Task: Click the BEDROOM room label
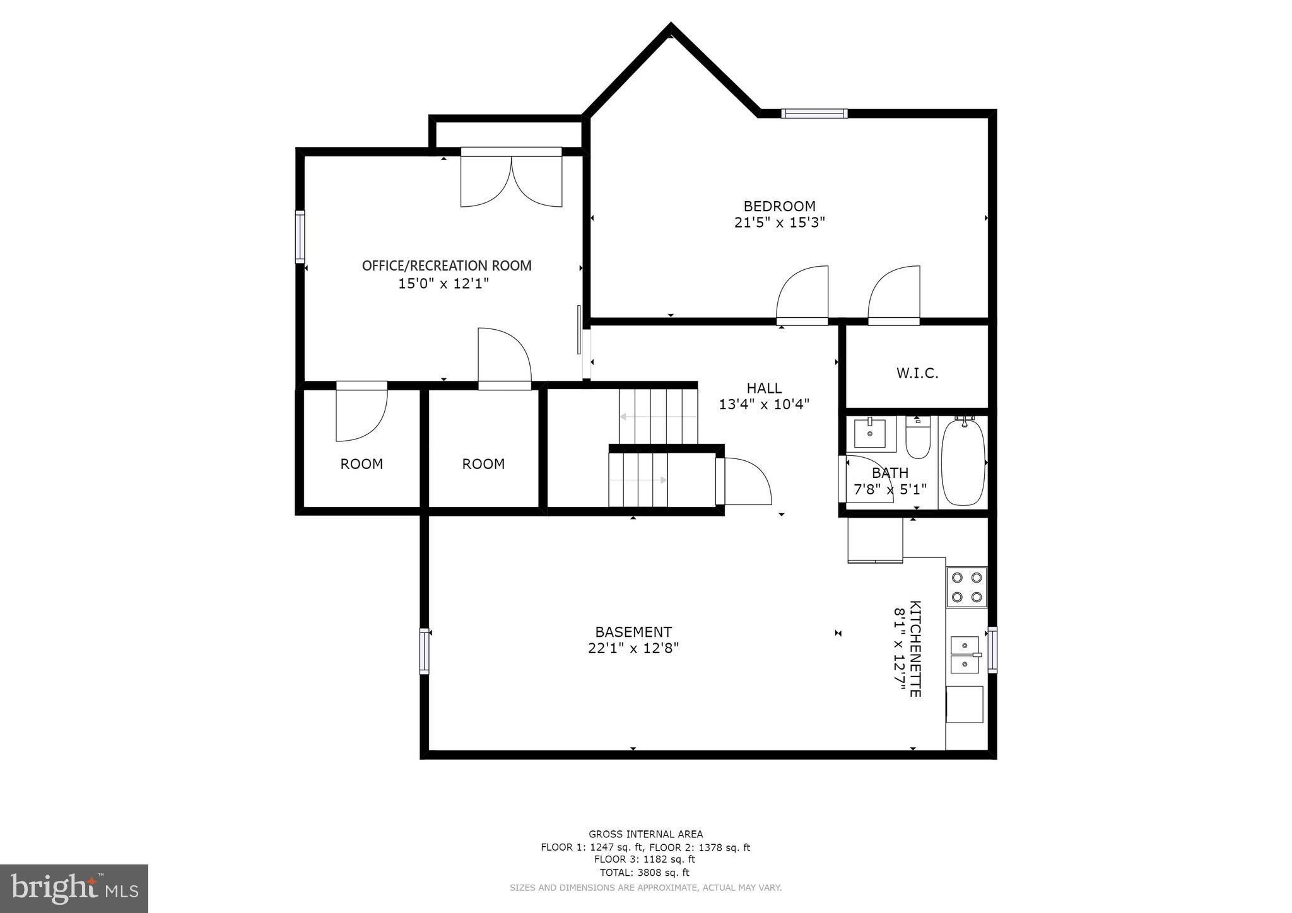779,206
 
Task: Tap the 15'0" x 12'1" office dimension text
443,284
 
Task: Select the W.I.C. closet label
917,373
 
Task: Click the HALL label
764,388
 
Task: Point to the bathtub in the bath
963,462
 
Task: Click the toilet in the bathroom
917,437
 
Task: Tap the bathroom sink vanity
870,433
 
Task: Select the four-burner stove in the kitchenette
966,586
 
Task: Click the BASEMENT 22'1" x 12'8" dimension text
633,648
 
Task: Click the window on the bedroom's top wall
814,113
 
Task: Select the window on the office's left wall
300,236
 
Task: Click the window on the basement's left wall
425,651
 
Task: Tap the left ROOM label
361,464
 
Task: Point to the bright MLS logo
74,889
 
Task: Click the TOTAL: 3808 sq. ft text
645,873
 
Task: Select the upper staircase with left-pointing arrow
658,416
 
